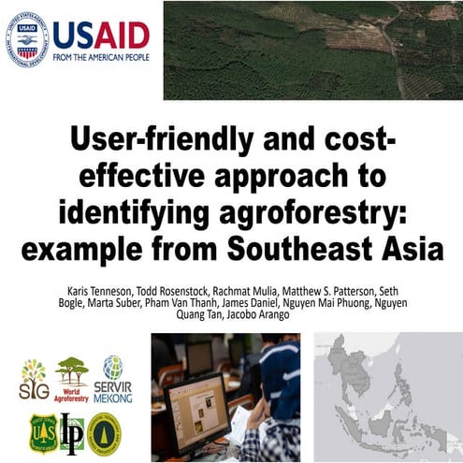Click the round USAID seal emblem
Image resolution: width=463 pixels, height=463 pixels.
[29, 37]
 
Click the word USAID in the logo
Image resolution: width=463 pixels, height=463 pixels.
[101, 35]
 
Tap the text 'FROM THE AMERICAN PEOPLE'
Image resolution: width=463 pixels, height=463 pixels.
[101, 57]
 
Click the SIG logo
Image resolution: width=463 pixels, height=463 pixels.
[34, 379]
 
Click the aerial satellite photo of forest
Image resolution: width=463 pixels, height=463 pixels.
[312, 50]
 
